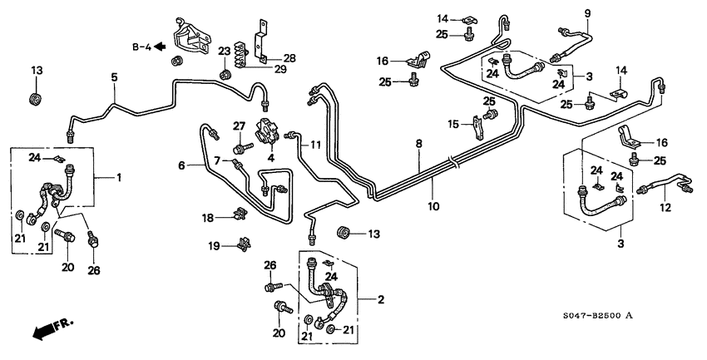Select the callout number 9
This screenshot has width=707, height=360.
[x=587, y=12]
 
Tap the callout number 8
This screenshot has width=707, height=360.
[x=420, y=144]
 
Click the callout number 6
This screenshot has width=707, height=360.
[x=180, y=165]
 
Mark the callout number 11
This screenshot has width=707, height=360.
[x=316, y=145]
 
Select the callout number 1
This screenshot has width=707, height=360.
[x=118, y=177]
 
